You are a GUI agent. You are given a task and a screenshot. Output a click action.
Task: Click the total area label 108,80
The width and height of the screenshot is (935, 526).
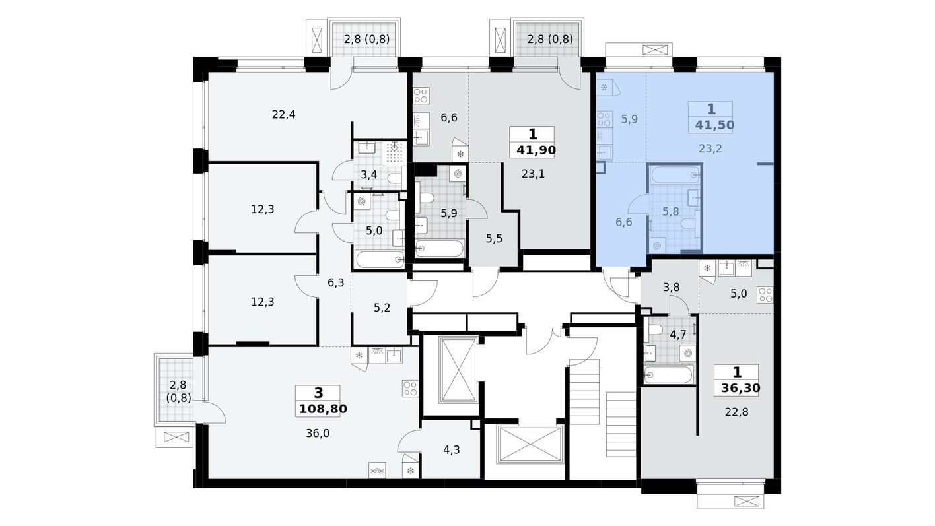pyautogui.click(x=323, y=409)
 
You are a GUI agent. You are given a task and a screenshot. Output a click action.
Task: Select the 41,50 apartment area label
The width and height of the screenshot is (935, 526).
pyautogui.click(x=714, y=125)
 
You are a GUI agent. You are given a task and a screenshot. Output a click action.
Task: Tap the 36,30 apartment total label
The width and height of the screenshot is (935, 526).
pyautogui.click(x=741, y=388)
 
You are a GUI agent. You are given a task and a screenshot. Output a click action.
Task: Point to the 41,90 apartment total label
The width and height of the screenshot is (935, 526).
pyautogui.click(x=536, y=150)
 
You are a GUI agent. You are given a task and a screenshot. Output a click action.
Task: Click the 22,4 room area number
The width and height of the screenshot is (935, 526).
pyautogui.click(x=284, y=114)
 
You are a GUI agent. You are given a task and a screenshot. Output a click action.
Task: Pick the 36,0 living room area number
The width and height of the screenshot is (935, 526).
pyautogui.click(x=318, y=434)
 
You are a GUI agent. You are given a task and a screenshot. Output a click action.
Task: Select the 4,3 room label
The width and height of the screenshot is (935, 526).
pyautogui.click(x=452, y=449)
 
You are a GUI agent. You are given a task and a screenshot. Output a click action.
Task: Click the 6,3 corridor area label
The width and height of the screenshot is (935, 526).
pyautogui.click(x=336, y=283)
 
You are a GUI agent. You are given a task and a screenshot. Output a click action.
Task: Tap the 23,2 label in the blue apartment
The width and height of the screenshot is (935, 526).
pyautogui.click(x=710, y=148)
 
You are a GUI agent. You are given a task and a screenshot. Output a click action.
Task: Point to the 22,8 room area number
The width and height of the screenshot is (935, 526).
pyautogui.click(x=737, y=412)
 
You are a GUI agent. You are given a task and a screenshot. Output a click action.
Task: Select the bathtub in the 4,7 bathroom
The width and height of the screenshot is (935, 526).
pyautogui.click(x=669, y=375)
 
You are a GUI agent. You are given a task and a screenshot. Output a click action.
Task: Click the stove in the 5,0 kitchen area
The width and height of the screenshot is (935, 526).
pyautogui.click(x=765, y=294)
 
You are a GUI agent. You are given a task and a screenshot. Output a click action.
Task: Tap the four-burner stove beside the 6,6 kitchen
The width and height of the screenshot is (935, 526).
pyautogui.click(x=421, y=96)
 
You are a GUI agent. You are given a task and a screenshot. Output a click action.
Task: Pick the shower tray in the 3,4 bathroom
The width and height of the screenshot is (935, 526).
pyautogui.click(x=394, y=153)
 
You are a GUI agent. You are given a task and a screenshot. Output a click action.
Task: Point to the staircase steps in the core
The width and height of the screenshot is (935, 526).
pyautogui.click(x=585, y=391)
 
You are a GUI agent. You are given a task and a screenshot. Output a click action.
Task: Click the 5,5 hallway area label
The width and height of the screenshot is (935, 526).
pyautogui.click(x=494, y=239)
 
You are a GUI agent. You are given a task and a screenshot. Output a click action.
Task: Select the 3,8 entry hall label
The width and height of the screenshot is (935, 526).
pyautogui.click(x=672, y=287)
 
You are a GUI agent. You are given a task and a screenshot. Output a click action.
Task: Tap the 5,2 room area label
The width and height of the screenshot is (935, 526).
pyautogui.click(x=382, y=308)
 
